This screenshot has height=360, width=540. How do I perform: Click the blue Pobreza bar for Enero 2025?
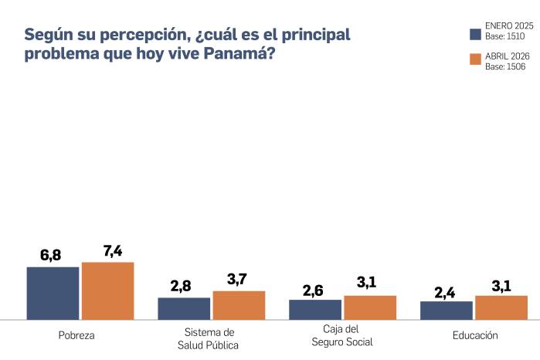(x=53, y=293)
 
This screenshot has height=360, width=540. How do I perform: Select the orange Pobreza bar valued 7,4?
(x=107, y=290)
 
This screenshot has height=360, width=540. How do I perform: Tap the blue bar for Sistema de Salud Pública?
(x=184, y=308)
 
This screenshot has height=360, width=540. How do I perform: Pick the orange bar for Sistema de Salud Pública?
(x=239, y=305)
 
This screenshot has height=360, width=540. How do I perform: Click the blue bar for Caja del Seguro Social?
(x=315, y=309)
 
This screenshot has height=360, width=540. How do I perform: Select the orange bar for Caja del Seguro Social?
(x=370, y=307)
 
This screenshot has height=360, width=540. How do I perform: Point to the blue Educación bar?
(x=447, y=310)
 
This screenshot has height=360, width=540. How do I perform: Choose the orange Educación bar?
(x=501, y=307)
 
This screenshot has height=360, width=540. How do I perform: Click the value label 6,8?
(x=50, y=256)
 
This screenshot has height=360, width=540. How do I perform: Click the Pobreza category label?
(x=76, y=335)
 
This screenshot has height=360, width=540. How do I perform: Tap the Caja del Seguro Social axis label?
(x=342, y=336)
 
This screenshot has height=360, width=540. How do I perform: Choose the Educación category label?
(x=474, y=335)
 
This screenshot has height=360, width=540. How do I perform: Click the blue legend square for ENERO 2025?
(x=476, y=34)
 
